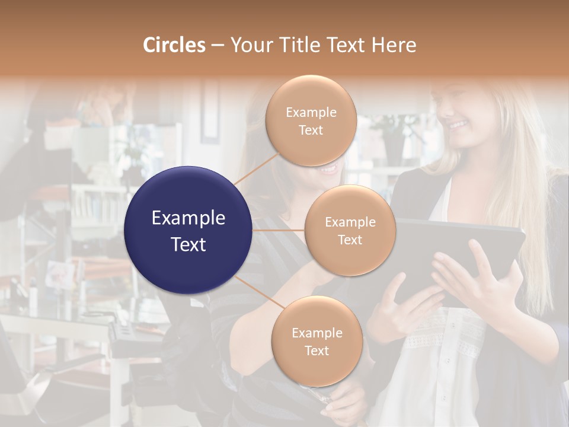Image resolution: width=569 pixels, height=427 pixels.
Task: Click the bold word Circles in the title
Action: click(174, 45)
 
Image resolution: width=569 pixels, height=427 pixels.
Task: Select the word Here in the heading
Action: click(394, 45)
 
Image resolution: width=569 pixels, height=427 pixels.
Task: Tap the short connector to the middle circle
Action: click(279, 230)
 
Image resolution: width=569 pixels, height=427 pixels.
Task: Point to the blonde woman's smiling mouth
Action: click(458, 125)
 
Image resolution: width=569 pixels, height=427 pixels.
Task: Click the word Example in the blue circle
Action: click(188, 218)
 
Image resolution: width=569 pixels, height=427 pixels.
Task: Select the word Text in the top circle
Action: click(311, 130)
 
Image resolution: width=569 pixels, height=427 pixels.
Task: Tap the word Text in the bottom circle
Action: click(317, 350)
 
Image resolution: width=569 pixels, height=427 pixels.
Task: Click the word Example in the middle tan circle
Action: click(350, 222)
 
